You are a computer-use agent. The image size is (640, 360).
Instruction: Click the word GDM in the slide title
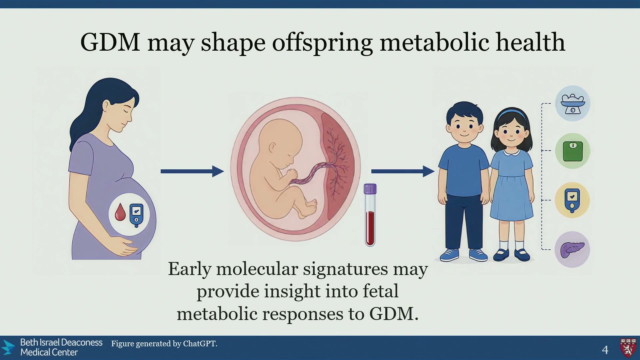110,42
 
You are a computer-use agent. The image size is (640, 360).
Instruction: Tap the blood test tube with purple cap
370,215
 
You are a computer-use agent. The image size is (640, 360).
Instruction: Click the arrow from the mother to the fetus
192,171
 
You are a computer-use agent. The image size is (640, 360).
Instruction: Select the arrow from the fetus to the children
403,171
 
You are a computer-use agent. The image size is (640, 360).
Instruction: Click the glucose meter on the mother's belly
136,215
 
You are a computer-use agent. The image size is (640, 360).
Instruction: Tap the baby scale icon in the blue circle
573,104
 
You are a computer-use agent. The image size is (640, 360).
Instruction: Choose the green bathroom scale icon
573,151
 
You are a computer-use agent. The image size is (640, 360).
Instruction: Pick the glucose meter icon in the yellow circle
572,200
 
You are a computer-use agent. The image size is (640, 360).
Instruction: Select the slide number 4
605,350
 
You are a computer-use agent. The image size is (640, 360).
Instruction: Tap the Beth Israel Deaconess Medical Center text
61,347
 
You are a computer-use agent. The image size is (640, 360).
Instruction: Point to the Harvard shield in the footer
628,348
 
